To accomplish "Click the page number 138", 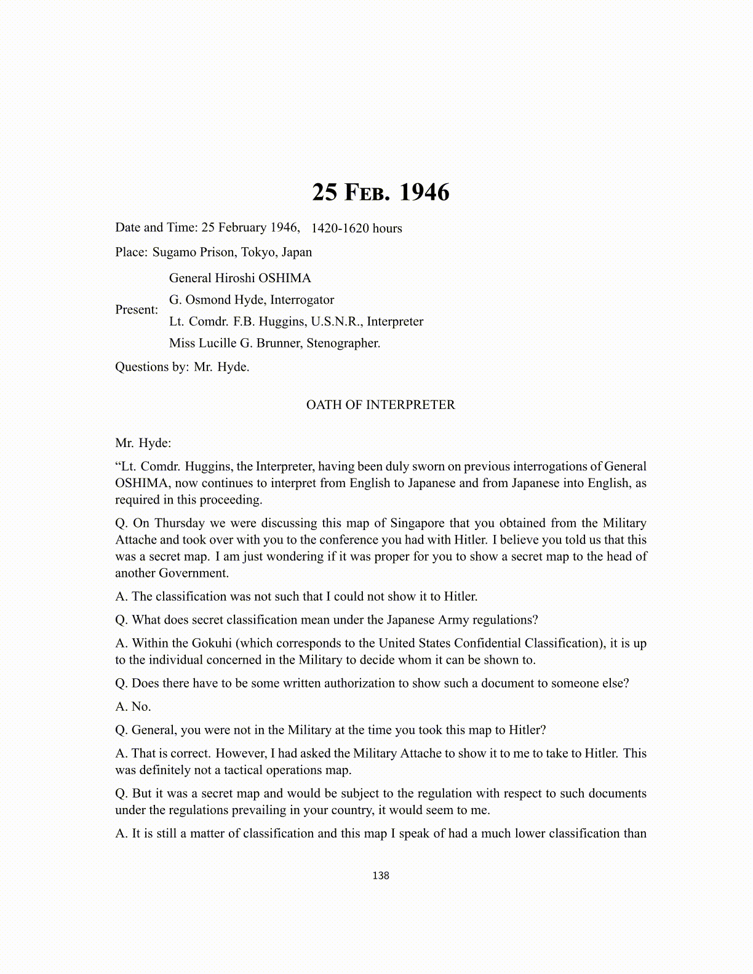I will click(380, 876).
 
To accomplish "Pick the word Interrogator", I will click(302, 300).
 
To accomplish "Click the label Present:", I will click(137, 310).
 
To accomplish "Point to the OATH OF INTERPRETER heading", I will click(380, 405).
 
